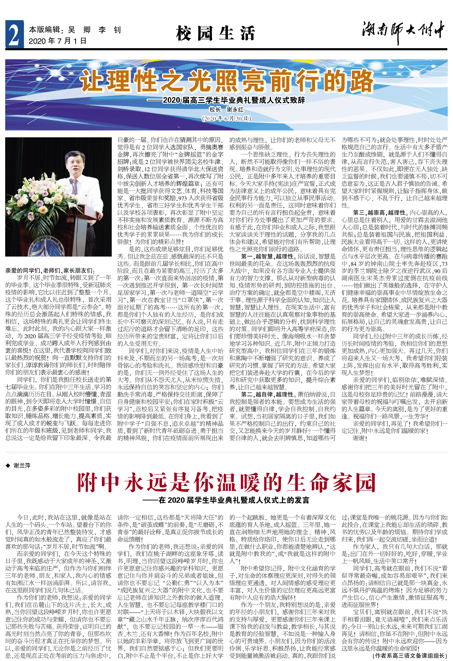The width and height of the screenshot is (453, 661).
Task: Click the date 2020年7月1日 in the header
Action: [x=58, y=41]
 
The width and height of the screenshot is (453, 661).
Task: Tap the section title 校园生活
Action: [x=215, y=33]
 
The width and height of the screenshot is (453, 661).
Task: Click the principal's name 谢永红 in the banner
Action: [x=235, y=109]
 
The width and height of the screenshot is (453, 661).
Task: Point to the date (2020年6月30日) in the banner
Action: [x=226, y=118]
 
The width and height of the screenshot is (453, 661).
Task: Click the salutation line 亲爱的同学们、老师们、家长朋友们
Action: [x=50, y=270]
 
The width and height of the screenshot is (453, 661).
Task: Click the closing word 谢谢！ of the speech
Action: [x=360, y=438]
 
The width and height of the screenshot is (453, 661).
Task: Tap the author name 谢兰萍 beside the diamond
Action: [x=22, y=466]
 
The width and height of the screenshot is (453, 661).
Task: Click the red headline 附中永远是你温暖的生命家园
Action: [x=226, y=483]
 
